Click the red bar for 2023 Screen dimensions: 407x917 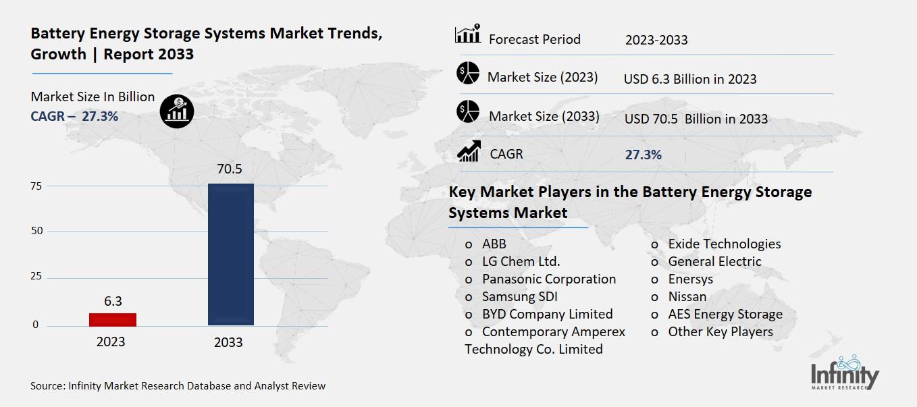[113, 319]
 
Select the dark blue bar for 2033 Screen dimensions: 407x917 [230, 254]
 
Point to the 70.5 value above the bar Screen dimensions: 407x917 [230, 169]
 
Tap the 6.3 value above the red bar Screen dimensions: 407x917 [113, 301]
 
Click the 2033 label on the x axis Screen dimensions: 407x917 [228, 342]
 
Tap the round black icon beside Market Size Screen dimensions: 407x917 [177, 111]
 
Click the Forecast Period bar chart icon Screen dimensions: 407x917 [468, 34]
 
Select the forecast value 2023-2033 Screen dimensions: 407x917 [656, 40]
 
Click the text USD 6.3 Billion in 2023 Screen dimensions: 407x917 [690, 79]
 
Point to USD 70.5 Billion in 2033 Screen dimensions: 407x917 [696, 119]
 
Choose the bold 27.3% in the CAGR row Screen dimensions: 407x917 [644, 155]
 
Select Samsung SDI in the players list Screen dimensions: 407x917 [519, 296]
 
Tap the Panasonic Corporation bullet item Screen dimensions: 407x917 [548, 279]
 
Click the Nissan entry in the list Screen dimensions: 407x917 [687, 296]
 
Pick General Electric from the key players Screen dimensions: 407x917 [714, 261]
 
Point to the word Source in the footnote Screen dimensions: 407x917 [47, 386]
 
